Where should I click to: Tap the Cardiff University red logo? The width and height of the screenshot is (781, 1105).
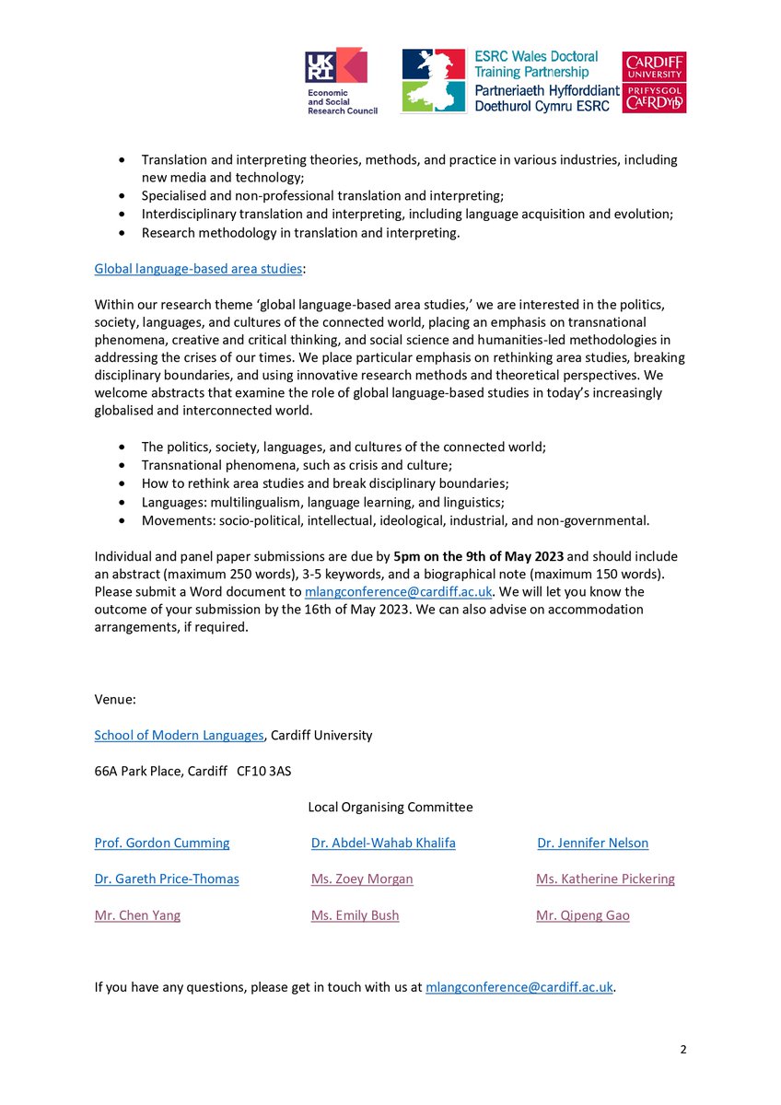(x=654, y=81)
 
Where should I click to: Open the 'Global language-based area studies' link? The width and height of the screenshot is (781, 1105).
(x=198, y=269)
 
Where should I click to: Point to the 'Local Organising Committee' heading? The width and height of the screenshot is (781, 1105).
(x=390, y=807)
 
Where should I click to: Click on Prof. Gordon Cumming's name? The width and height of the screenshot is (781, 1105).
(x=162, y=843)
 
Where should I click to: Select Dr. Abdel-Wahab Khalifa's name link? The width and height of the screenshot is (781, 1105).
(x=383, y=843)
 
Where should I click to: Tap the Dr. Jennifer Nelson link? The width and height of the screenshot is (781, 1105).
(x=593, y=843)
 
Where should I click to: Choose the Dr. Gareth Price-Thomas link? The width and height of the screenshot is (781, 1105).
(x=167, y=878)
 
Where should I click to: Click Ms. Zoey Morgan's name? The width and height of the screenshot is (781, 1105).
(x=362, y=878)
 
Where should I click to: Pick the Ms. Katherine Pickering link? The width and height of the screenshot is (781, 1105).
(x=605, y=878)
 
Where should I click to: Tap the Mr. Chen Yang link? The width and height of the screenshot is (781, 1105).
(x=137, y=915)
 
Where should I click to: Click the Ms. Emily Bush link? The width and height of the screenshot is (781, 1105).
(x=356, y=915)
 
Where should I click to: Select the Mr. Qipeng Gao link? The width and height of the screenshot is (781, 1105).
(x=583, y=915)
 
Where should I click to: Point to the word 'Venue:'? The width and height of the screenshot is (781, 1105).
(x=115, y=699)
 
